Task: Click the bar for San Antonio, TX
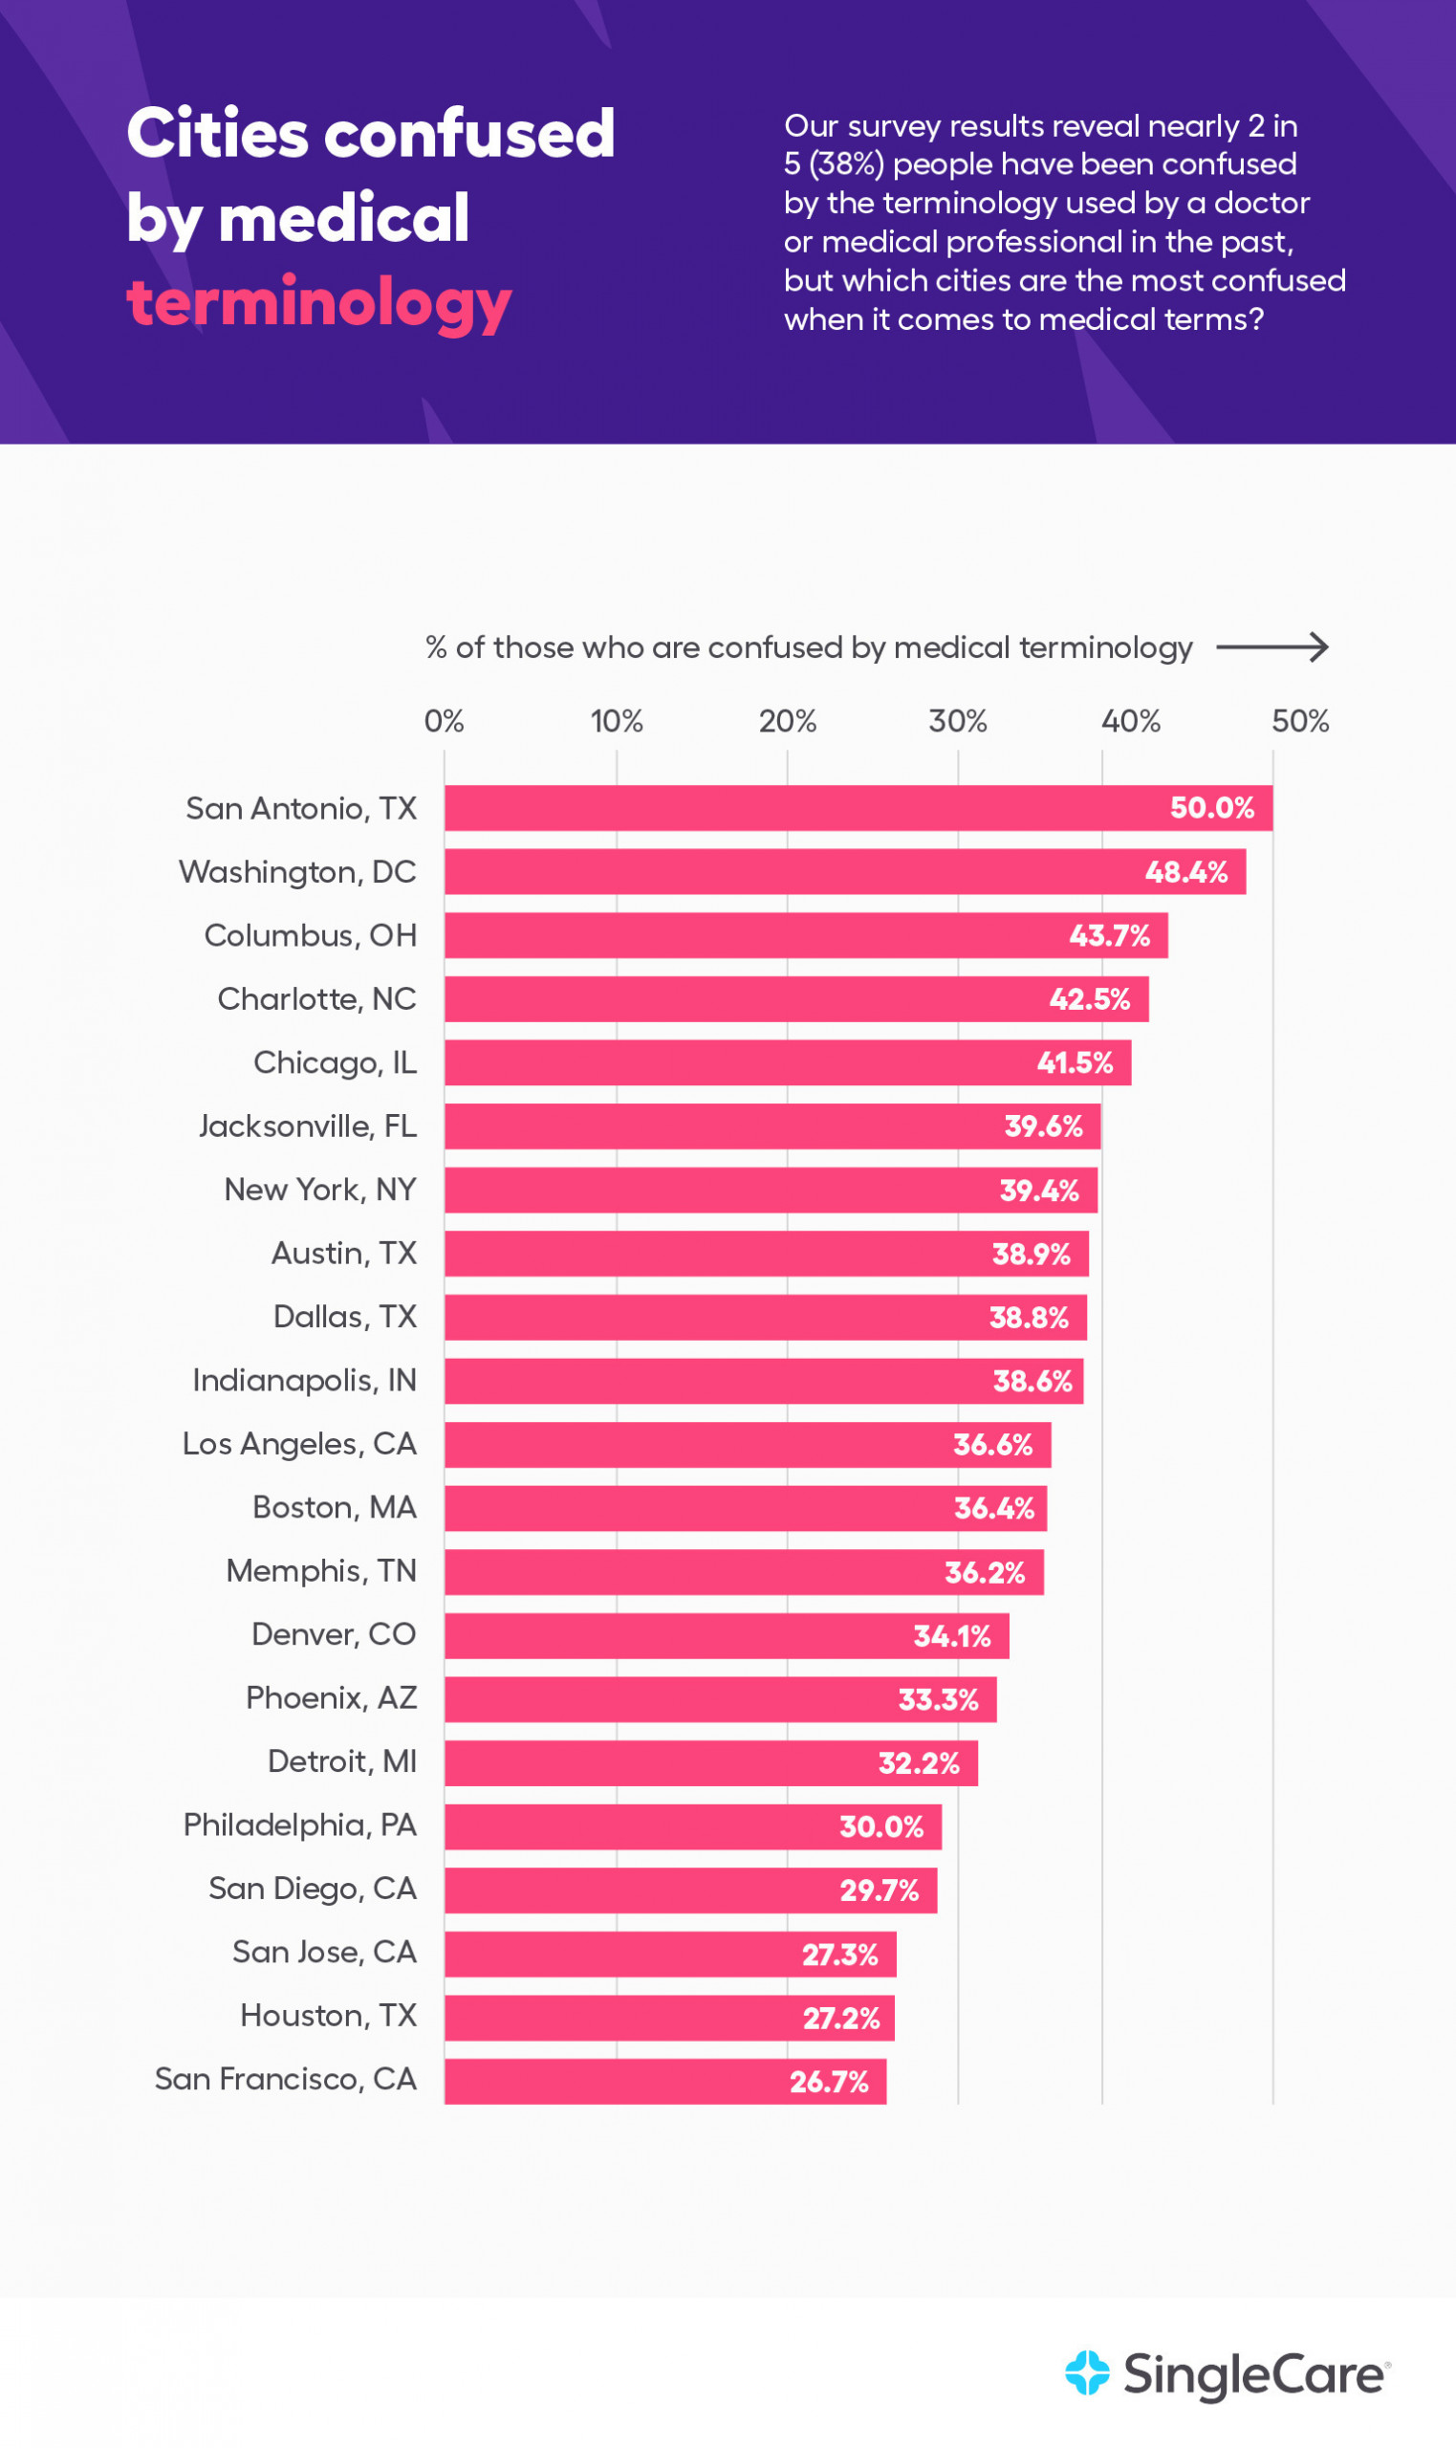[x=858, y=807]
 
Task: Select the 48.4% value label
[x=1186, y=871]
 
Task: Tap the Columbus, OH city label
[x=310, y=935]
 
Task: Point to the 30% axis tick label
[x=958, y=721]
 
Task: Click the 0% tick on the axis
[x=444, y=721]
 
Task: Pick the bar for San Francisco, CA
[x=665, y=2081]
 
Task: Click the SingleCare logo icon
[x=1087, y=2373]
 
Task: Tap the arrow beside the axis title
[x=1271, y=646]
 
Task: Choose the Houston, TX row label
[x=329, y=2016]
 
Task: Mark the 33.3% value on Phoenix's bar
[x=938, y=1699]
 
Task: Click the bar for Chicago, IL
[x=788, y=1062]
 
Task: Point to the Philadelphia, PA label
[x=300, y=1825]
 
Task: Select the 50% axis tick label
[x=1300, y=721]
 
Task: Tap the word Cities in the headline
[x=218, y=134]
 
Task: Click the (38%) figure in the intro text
[x=846, y=164]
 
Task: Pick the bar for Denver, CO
[x=726, y=1635]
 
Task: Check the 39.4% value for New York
[x=1039, y=1191]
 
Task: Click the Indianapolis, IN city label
[x=304, y=1381]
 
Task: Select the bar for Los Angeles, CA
[x=748, y=1444]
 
